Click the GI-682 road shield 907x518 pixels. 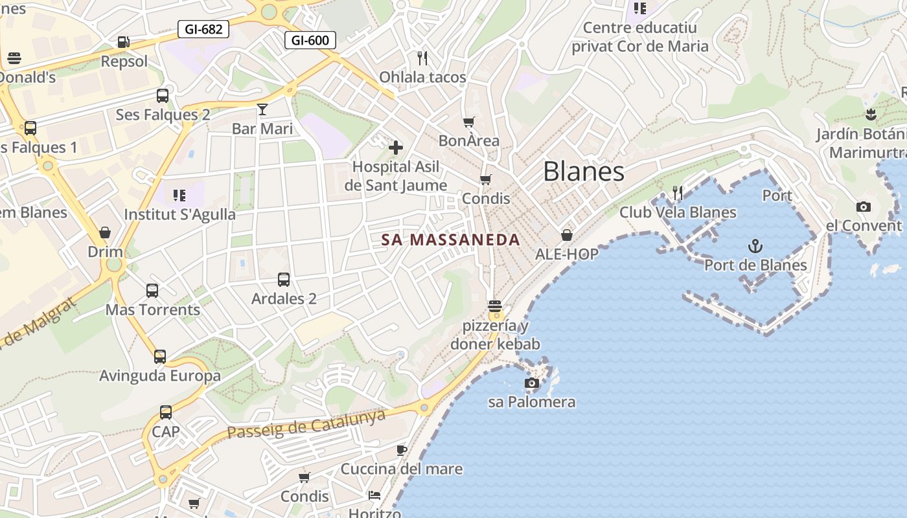pyautogui.click(x=203, y=29)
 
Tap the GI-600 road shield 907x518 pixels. pyautogui.click(x=310, y=40)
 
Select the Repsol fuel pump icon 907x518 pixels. pyautogui.click(x=123, y=43)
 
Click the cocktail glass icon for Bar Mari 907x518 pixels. pyautogui.click(x=262, y=109)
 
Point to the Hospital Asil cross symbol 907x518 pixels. pyautogui.click(x=395, y=148)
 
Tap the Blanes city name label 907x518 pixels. pyautogui.click(x=584, y=172)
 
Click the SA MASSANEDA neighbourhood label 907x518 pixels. pyautogui.click(x=451, y=240)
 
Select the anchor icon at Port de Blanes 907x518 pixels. pyautogui.click(x=755, y=246)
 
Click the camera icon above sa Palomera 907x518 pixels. pyautogui.click(x=531, y=383)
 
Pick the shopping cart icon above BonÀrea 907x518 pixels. pyautogui.click(x=469, y=122)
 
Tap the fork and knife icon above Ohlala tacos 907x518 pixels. pyautogui.click(x=422, y=58)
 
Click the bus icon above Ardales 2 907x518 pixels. pyautogui.click(x=284, y=280)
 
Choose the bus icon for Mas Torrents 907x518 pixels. pyautogui.click(x=152, y=291)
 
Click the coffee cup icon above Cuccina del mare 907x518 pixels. pyautogui.click(x=402, y=450)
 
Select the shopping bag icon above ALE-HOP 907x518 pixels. pyautogui.click(x=567, y=235)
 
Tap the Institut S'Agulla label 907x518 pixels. pyautogui.click(x=180, y=214)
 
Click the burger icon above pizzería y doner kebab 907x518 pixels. pyautogui.click(x=495, y=306)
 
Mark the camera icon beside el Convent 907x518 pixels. pyautogui.click(x=863, y=207)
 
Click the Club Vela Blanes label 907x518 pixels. pyautogui.click(x=678, y=212)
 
